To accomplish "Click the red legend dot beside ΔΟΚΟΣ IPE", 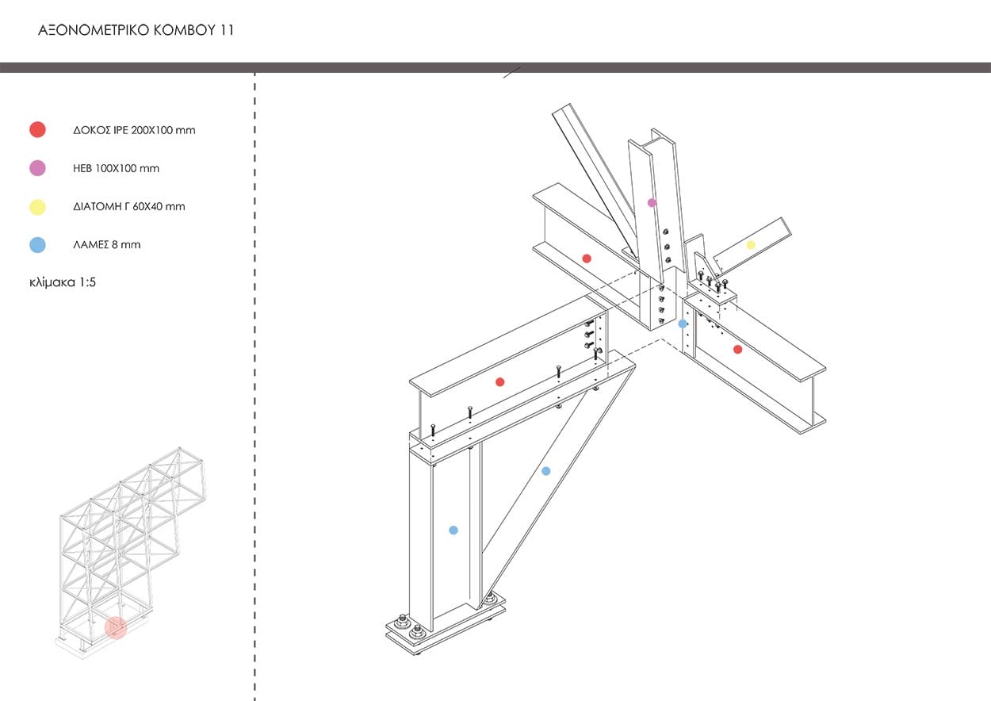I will (37, 130).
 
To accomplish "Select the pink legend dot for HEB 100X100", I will (37, 168).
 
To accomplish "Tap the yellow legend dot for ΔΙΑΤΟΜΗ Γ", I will (37, 207).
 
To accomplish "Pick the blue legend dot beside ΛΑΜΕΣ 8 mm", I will (37, 245).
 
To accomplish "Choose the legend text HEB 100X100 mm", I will (116, 168).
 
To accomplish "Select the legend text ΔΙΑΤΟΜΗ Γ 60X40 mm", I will (128, 207).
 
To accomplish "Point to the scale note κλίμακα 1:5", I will (67, 282).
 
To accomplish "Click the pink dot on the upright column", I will (652, 203).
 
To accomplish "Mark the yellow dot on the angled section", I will (751, 245).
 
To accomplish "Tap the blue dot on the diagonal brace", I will (545, 471).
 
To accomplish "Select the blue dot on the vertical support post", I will (453, 530).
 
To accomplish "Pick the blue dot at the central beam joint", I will (683, 324).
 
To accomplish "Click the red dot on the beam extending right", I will (737, 349).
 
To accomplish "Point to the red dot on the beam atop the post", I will (499, 382).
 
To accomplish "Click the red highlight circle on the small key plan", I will (116, 628).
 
